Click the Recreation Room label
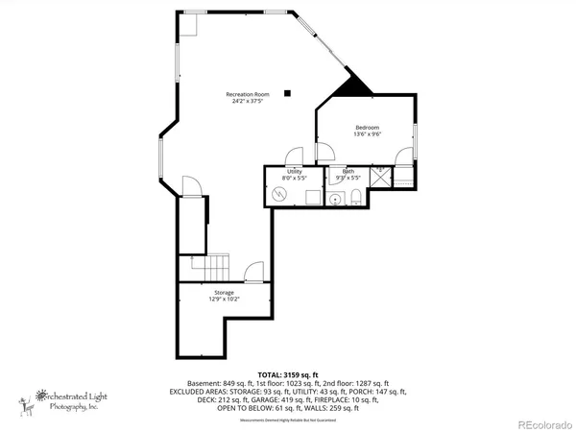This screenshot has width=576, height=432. click(x=247, y=93)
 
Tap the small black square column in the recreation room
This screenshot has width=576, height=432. click(x=286, y=93)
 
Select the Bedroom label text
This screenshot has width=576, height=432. click(x=368, y=128)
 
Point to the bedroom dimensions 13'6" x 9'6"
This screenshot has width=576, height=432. click(x=368, y=135)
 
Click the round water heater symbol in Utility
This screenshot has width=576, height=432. click(x=280, y=195)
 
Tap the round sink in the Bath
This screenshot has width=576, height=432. click(x=334, y=200)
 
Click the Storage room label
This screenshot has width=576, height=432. click(x=224, y=292)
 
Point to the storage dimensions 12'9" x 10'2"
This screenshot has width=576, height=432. click(x=224, y=300)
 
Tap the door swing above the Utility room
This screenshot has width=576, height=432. click(x=297, y=156)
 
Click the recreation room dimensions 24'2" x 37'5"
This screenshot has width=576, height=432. click(x=247, y=101)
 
